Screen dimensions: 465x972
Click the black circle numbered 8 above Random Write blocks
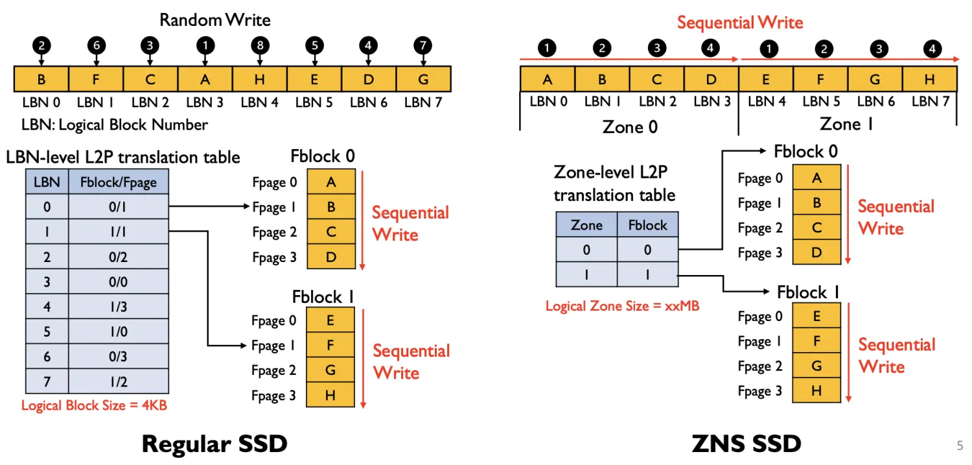(260, 45)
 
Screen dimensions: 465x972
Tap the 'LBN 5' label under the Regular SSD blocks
(314, 102)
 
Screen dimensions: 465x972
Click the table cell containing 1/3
(118, 307)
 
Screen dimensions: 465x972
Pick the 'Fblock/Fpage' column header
(118, 182)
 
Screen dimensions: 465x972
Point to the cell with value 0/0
(118, 282)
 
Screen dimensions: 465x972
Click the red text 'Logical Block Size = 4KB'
(95, 405)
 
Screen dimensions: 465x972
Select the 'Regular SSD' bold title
(214, 444)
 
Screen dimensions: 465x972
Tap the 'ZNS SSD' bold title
(746, 444)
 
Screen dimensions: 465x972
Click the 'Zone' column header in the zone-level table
(586, 225)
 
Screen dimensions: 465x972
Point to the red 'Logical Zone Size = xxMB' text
(622, 305)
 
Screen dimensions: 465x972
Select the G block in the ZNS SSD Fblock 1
(816, 366)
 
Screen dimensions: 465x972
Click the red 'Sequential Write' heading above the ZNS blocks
(740, 23)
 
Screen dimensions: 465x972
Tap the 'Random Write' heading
(214, 20)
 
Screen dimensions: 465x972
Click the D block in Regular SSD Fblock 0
(331, 257)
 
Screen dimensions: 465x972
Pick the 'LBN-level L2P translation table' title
(123, 157)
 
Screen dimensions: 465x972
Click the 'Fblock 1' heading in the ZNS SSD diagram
(808, 292)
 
